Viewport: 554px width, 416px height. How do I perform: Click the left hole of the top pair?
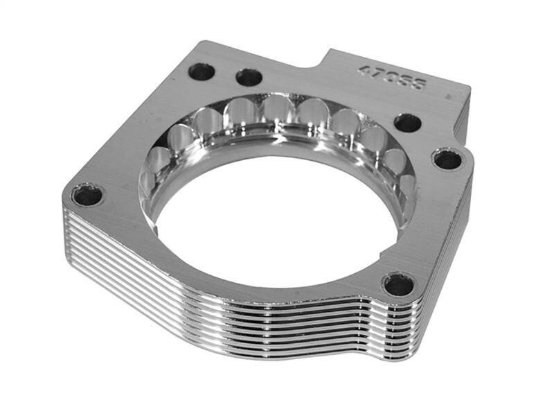tap(202, 70)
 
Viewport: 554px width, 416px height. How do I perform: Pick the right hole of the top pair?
tap(249, 77)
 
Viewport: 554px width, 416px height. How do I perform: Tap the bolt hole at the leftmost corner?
tap(88, 195)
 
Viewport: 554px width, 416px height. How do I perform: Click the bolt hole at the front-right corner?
tap(399, 284)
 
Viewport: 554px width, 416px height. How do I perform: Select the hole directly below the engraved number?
tap(408, 123)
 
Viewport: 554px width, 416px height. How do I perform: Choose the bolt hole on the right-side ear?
tap(447, 159)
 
